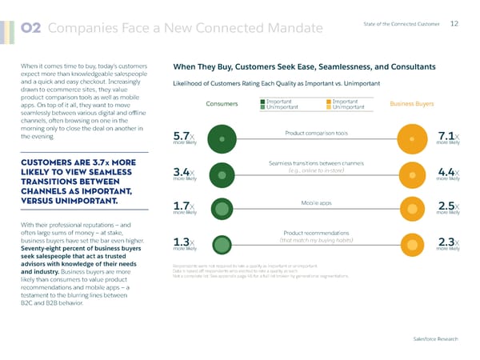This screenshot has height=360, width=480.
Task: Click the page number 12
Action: pyautogui.click(x=454, y=23)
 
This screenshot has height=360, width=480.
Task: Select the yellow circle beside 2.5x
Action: pyautogui.click(x=411, y=210)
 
